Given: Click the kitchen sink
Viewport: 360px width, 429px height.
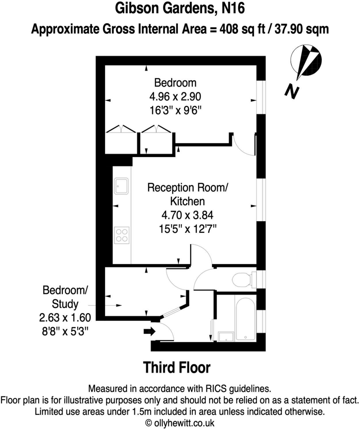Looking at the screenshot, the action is [121, 186].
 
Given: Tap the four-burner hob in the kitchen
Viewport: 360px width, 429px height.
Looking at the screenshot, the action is [122, 235].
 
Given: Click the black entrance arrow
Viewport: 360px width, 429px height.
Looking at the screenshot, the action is [150, 331].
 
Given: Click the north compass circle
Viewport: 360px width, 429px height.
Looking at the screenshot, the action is [306, 60].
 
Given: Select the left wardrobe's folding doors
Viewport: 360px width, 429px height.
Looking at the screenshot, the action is [121, 129].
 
